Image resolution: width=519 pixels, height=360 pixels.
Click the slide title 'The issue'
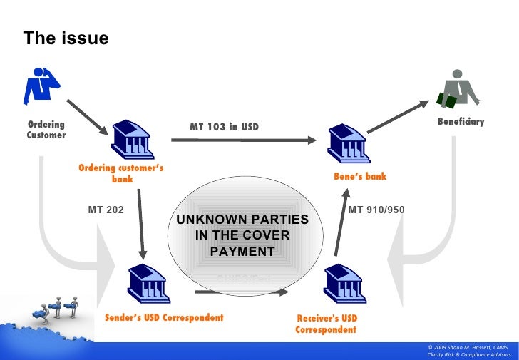click(x=66, y=38)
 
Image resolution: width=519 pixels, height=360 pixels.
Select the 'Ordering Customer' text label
click(x=46, y=130)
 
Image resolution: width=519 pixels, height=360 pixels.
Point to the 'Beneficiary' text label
click(x=461, y=122)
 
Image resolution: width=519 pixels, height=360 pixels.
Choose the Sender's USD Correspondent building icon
click(x=148, y=283)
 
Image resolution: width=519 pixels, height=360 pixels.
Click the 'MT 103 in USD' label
click(x=224, y=127)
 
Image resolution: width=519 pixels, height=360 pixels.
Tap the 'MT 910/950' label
click(x=376, y=210)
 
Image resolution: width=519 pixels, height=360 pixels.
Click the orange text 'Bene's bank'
click(x=359, y=176)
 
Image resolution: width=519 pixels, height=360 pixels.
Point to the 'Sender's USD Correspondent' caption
click(x=164, y=317)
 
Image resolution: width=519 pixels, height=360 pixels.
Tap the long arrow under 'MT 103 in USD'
click(x=243, y=140)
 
